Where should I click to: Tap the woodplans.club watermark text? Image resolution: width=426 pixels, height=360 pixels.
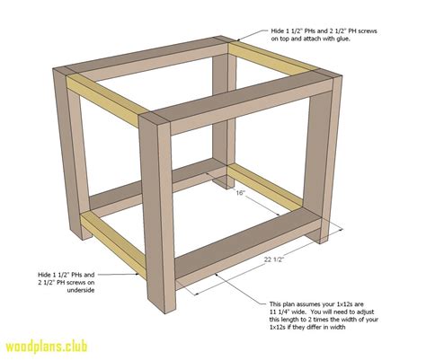pos(57,346)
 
